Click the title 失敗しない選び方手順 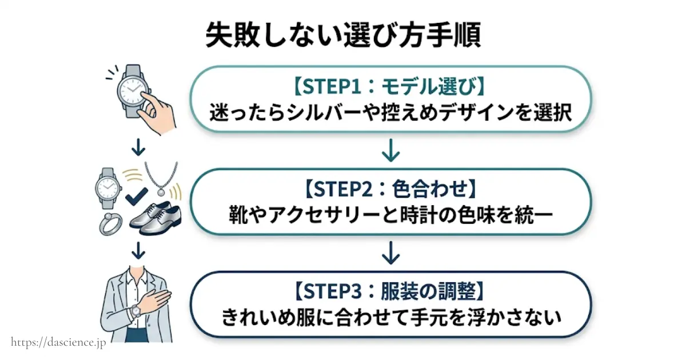click(342, 35)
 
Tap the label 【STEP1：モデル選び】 click(389, 88)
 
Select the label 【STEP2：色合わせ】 click(389, 187)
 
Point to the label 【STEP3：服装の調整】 click(389, 291)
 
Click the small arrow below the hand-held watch click(138, 147)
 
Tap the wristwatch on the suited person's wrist click(136, 311)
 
